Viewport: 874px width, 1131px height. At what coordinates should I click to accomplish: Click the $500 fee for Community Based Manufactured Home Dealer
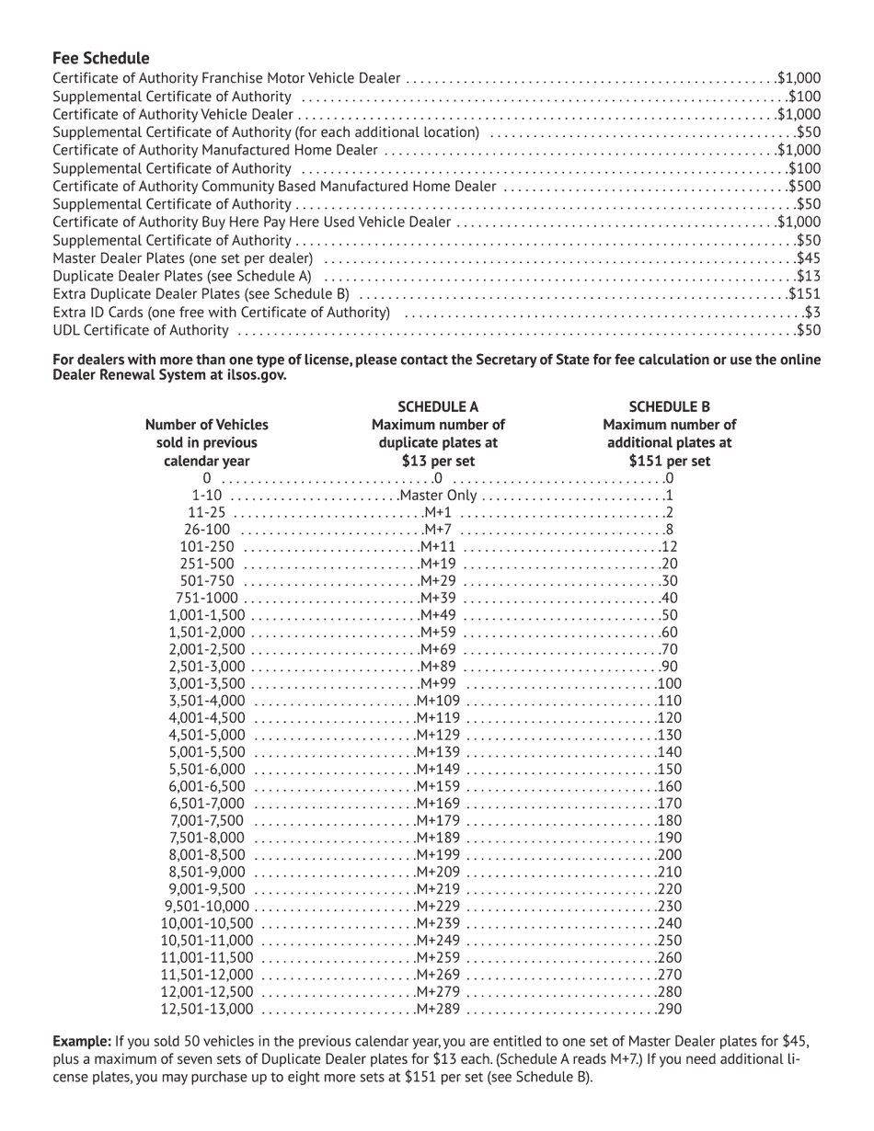tap(804, 187)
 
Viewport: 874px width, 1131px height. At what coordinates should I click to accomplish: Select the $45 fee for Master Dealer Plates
tap(808, 258)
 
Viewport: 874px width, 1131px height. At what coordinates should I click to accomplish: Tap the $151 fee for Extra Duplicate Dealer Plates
tap(804, 294)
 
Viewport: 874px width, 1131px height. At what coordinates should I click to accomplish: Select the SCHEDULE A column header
tap(438, 406)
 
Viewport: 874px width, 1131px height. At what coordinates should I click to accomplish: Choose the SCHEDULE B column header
tap(669, 406)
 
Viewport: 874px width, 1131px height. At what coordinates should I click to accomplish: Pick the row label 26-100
tap(207, 530)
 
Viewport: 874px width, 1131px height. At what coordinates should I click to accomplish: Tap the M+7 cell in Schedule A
tap(437, 530)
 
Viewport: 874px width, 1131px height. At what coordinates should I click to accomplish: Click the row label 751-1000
tap(206, 599)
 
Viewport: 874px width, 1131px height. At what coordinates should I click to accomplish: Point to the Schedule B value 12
tap(669, 547)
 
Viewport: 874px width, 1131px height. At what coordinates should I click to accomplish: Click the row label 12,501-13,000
tap(206, 1010)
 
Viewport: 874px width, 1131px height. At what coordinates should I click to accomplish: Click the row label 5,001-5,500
tap(207, 752)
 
